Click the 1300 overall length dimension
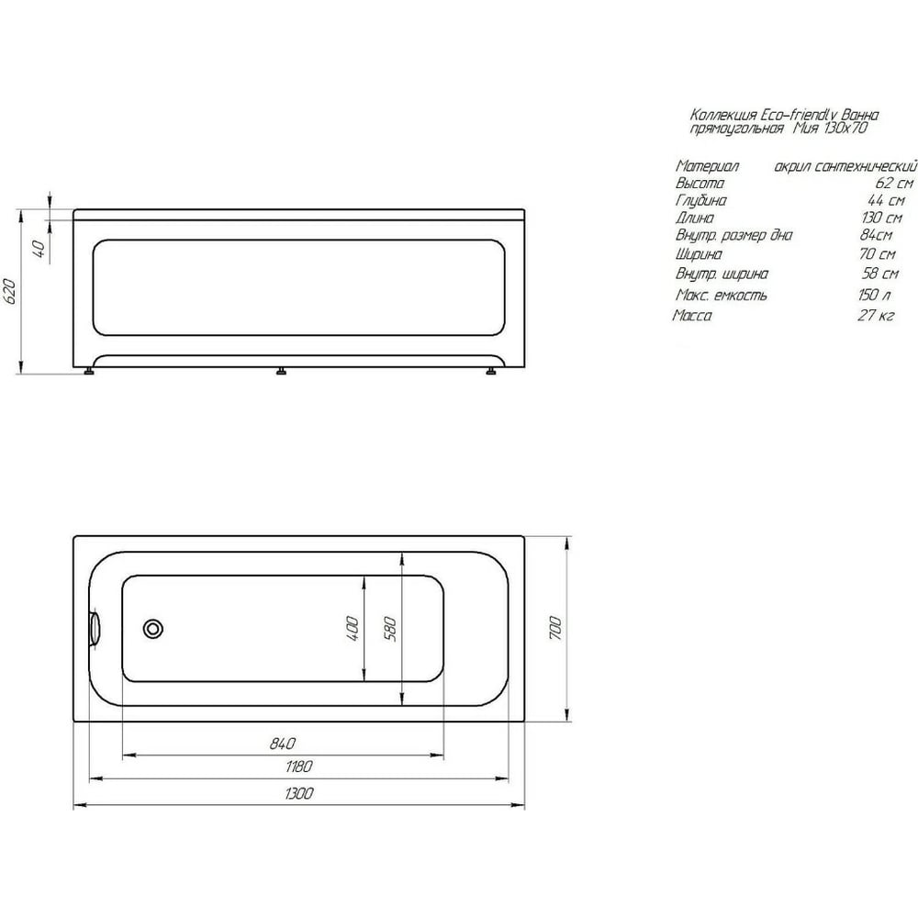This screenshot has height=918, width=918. [298, 793]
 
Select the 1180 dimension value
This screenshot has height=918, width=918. [298, 766]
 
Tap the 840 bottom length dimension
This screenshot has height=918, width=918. [282, 744]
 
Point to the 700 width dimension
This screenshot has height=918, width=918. [556, 628]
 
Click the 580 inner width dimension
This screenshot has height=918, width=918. [391, 629]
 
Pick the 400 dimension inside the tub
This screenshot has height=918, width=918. [353, 628]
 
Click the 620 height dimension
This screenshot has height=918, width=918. [10, 292]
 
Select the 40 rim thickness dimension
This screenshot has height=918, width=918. [39, 250]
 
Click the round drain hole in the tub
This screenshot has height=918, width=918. [152, 629]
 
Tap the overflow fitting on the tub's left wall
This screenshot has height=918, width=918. [95, 629]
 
